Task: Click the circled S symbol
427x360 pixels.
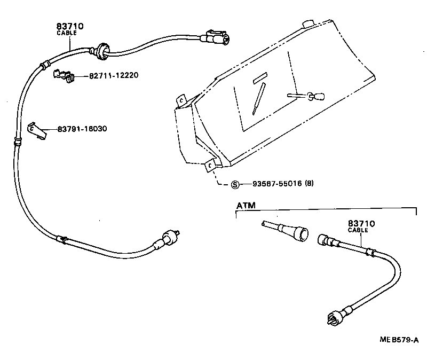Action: (234, 185)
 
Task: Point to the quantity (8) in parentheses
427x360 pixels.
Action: (309, 184)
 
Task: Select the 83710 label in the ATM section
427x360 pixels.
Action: (362, 224)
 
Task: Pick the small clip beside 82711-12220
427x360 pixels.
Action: (62, 76)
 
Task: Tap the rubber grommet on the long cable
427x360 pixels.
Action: (100, 50)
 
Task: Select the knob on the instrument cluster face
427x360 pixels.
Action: (315, 97)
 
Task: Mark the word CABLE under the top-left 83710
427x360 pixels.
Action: (67, 33)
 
